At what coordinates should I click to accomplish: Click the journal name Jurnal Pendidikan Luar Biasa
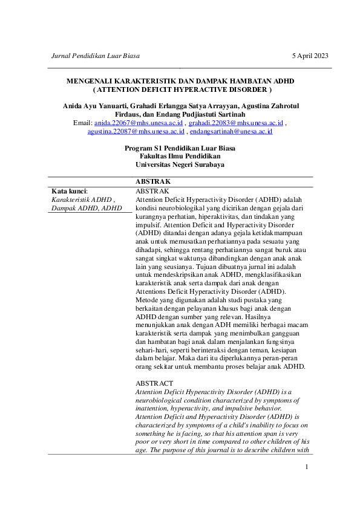tap(96, 56)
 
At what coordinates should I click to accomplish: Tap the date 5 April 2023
tap(310, 56)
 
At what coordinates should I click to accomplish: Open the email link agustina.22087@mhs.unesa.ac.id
tap(136, 131)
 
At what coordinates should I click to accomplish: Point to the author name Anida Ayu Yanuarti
tap(93, 106)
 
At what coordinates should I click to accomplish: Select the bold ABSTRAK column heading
tap(153, 181)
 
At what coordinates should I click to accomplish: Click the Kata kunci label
tap(70, 191)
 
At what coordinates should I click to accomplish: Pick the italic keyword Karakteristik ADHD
tap(82, 199)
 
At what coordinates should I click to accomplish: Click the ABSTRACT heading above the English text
tap(154, 383)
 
